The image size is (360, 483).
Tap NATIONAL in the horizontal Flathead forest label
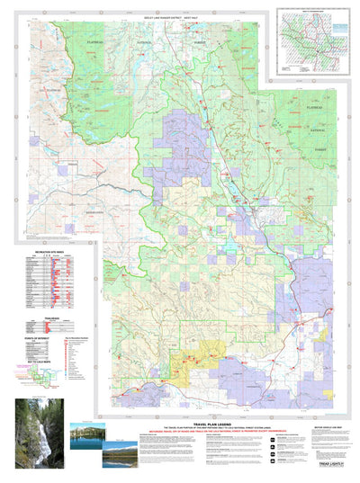click(144, 40)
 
